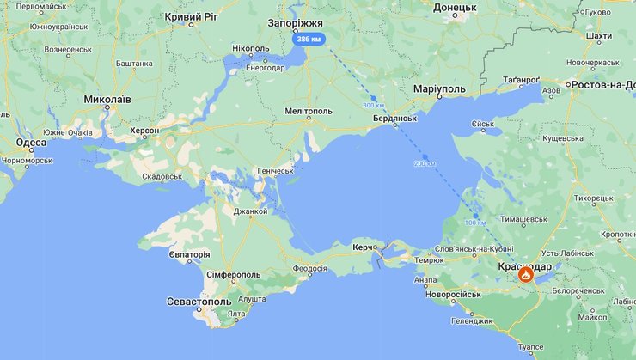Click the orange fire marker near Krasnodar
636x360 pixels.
tap(525, 275)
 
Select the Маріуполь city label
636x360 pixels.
tap(438, 88)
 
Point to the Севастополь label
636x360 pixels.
tap(199, 302)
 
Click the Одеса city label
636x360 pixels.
tap(31, 143)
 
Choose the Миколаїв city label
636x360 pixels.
tap(107, 100)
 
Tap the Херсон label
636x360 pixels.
tap(144, 131)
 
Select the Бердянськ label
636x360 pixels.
tap(394, 118)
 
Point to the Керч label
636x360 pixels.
tap(362, 247)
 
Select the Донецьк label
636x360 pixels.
tap(455, 7)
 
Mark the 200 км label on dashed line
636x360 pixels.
tap(425, 163)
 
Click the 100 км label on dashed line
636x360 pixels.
tap(475, 223)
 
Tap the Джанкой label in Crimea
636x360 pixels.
tap(250, 211)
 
